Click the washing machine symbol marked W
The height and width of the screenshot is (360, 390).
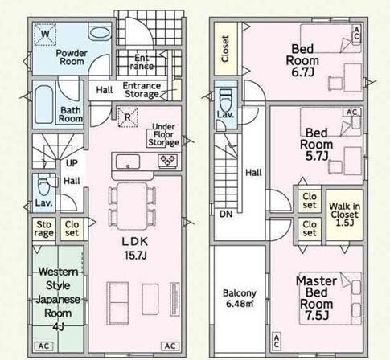click(45, 34)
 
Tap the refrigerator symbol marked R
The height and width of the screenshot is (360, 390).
click(128, 117)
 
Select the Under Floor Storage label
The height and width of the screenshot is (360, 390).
click(163, 135)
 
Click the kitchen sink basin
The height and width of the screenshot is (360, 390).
click(128, 162)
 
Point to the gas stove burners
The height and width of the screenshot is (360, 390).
click(167, 161)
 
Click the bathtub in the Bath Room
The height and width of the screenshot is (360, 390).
click(44, 104)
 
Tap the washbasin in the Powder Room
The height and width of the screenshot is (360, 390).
click(100, 33)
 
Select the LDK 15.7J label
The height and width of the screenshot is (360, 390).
click(135, 248)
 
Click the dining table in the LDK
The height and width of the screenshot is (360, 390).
click(132, 206)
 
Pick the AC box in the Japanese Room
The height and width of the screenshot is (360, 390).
click(43, 346)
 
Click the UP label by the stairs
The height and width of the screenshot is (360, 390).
click(72, 163)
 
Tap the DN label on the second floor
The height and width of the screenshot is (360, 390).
click(226, 214)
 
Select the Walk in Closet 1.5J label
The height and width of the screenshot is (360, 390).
click(344, 215)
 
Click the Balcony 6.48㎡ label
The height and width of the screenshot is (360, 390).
click(240, 298)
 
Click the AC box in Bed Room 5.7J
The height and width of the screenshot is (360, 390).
click(351, 112)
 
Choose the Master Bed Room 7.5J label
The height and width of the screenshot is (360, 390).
click(316, 298)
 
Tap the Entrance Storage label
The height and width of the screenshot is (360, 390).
click(142, 90)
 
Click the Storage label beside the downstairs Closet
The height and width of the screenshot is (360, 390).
click(43, 228)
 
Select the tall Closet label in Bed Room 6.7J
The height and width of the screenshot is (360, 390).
click(225, 48)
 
